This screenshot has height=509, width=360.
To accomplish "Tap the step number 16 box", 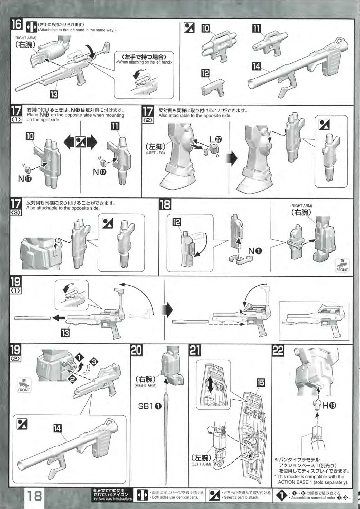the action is (x=16, y=25).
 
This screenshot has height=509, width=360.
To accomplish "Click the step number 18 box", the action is (x=165, y=204).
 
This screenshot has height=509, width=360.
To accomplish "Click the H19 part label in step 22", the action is (x=329, y=406).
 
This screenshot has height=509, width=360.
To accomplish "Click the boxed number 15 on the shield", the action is (x=261, y=382).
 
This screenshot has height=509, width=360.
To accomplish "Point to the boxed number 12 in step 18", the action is (x=176, y=222).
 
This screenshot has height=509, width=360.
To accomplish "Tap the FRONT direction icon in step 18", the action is (x=342, y=265).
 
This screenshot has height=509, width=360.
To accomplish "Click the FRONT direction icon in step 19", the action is (x=24, y=385).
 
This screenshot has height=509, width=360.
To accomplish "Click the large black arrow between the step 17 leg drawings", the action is (x=232, y=158).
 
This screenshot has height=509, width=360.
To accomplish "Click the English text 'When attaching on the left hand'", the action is (x=144, y=62).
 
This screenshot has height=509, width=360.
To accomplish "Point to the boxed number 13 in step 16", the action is (x=54, y=94).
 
